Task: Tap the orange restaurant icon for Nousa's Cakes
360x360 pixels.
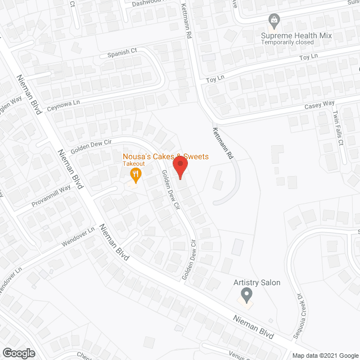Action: point(134,174)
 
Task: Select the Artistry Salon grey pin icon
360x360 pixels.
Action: point(246,294)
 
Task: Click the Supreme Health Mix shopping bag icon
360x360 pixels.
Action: point(274,22)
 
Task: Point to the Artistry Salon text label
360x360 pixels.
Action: point(257,282)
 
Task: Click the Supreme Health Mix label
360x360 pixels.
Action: point(296,35)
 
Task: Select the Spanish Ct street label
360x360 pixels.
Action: point(122,52)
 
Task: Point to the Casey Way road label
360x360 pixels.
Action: point(319,104)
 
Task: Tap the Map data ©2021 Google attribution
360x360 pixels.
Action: point(324,355)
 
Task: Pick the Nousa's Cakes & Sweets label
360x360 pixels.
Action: point(166,156)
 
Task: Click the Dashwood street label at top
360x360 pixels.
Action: point(138,2)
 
